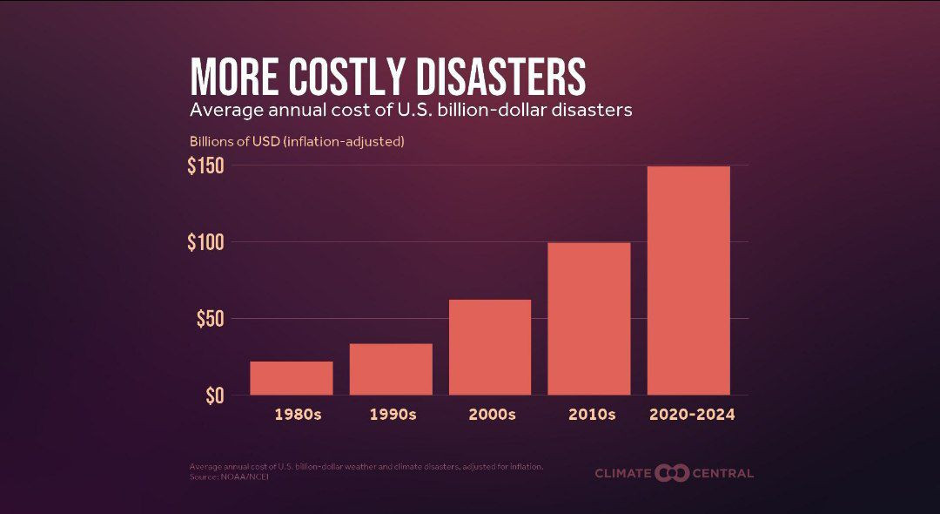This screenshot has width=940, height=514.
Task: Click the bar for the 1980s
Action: point(291,378)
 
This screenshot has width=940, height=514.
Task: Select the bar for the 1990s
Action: point(391,369)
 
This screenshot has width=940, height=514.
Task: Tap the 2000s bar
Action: point(490,347)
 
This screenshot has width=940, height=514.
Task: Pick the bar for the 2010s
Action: point(589,319)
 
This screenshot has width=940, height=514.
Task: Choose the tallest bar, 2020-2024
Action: point(688,281)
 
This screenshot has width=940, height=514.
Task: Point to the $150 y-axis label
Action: point(205,166)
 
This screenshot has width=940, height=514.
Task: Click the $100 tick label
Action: point(205,242)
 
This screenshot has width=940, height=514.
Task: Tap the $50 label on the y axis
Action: point(209,319)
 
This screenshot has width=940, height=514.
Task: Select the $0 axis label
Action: point(214,396)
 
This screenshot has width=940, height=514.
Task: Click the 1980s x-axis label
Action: point(298,415)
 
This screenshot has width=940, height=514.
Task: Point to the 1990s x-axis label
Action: point(393,415)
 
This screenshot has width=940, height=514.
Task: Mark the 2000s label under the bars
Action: point(492,415)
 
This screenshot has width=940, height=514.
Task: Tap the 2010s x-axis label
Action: point(592,415)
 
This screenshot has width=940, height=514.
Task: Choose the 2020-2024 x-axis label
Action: point(692,415)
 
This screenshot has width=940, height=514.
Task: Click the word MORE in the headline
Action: point(233,77)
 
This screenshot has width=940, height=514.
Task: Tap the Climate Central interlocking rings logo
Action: point(673,473)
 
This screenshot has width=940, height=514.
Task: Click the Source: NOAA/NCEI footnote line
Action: point(224,477)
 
